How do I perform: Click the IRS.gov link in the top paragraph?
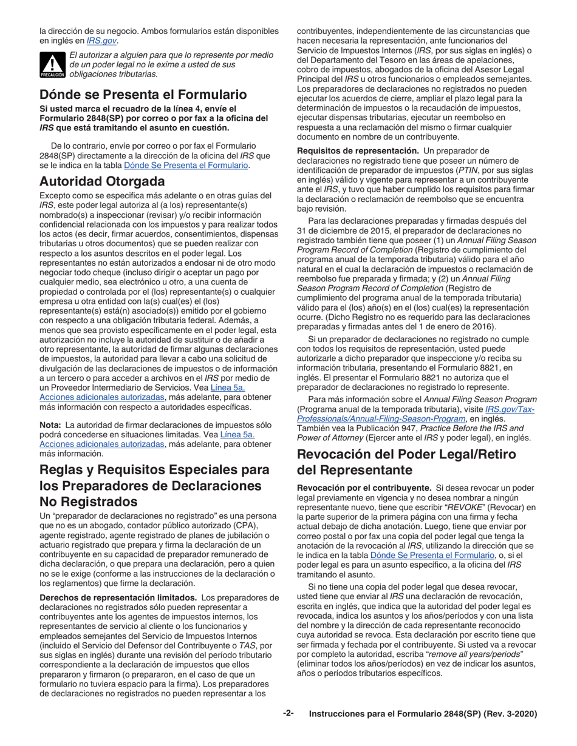pyautogui.click(x=101, y=41)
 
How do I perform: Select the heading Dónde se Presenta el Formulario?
pyautogui.click(x=143, y=94)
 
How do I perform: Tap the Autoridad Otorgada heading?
pyautogui.click(x=102, y=181)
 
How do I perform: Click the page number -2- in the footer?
pyautogui.click(x=288, y=713)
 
